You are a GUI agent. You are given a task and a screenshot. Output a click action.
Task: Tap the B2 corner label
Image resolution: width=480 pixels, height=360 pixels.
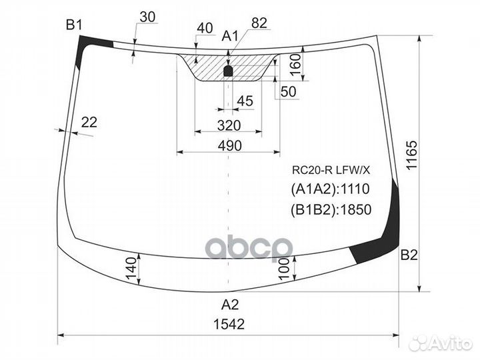click(409, 255)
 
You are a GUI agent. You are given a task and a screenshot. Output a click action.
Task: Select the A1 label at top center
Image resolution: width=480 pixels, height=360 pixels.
click(229, 35)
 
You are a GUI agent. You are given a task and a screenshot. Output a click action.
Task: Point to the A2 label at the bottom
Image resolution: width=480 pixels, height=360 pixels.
click(230, 305)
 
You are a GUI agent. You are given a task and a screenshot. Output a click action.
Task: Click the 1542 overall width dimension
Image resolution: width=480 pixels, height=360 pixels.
click(230, 325)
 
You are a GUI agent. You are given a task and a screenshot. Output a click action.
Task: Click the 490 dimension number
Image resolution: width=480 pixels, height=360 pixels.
click(228, 145)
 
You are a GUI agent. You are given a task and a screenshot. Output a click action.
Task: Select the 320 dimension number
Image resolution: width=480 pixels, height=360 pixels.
click(228, 125)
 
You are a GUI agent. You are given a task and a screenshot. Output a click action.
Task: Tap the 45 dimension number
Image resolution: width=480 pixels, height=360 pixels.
click(245, 101)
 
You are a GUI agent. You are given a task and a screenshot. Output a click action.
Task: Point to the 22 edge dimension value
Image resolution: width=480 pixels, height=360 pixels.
click(89, 121)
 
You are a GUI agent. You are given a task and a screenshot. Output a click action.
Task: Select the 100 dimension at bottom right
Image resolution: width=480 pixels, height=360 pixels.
click(285, 270)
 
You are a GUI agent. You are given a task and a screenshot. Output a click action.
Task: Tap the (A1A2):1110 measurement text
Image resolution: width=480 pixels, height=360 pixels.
click(329, 189)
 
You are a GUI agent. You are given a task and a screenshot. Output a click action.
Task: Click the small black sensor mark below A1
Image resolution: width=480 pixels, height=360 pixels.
click(228, 70)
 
